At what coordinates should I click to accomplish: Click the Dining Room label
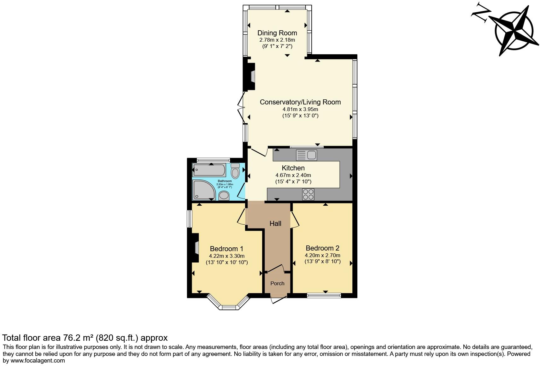pyautogui.click(x=277, y=33)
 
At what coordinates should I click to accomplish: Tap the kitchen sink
pyautogui.click(x=307, y=155)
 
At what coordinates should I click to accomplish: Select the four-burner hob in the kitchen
pyautogui.click(x=308, y=194)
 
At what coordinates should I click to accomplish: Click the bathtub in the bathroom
pyautogui.click(x=209, y=170)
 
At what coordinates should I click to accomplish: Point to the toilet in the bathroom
pyautogui.click(x=235, y=171)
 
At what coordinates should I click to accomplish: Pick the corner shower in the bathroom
pyautogui.click(x=203, y=190)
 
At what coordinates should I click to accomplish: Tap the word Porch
pyautogui.click(x=277, y=283)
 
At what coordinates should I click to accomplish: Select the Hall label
pyautogui.click(x=275, y=223)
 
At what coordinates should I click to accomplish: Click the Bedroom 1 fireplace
pyautogui.click(x=196, y=247)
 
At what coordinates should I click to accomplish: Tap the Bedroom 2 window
pyautogui.click(x=324, y=296)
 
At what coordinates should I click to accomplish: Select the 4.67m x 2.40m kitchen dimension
pyautogui.click(x=293, y=175)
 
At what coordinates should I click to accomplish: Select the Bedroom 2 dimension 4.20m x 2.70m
pyautogui.click(x=322, y=255)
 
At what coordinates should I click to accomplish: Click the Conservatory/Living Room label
pyautogui.click(x=300, y=102)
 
